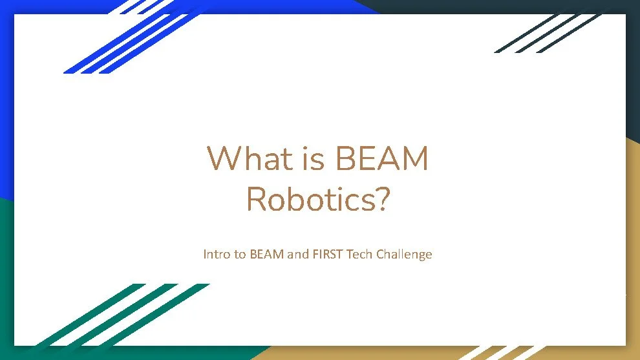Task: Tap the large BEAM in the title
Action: click(x=382, y=159)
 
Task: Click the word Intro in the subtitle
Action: click(x=217, y=254)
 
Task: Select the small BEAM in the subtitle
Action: click(x=266, y=254)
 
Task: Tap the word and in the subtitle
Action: click(x=297, y=254)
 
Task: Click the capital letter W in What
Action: click(x=221, y=159)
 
